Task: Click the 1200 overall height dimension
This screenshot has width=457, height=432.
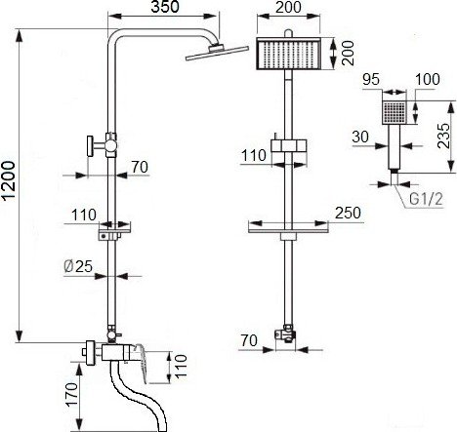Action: click(9, 180)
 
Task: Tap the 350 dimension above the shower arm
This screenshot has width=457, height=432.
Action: click(165, 7)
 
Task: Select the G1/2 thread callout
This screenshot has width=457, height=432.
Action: click(426, 199)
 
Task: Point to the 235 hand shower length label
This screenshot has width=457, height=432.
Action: click(443, 136)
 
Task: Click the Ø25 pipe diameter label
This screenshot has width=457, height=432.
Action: click(78, 266)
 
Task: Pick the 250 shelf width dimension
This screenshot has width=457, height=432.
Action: click(348, 213)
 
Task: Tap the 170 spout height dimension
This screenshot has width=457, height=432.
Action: click(72, 394)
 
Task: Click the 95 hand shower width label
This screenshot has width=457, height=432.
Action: click(371, 79)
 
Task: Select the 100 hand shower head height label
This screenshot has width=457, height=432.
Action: click(428, 79)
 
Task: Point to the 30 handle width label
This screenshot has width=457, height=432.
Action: click(360, 137)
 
